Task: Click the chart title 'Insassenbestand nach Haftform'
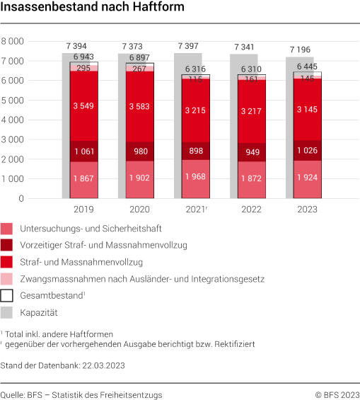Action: pyautogui.click(x=93, y=9)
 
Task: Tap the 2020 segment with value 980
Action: pyautogui.click(x=140, y=152)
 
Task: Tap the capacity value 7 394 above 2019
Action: pyautogui.click(x=76, y=46)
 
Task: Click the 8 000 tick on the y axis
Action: pyautogui.click(x=31, y=41)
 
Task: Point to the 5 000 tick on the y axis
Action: pyautogui.click(x=31, y=100)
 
